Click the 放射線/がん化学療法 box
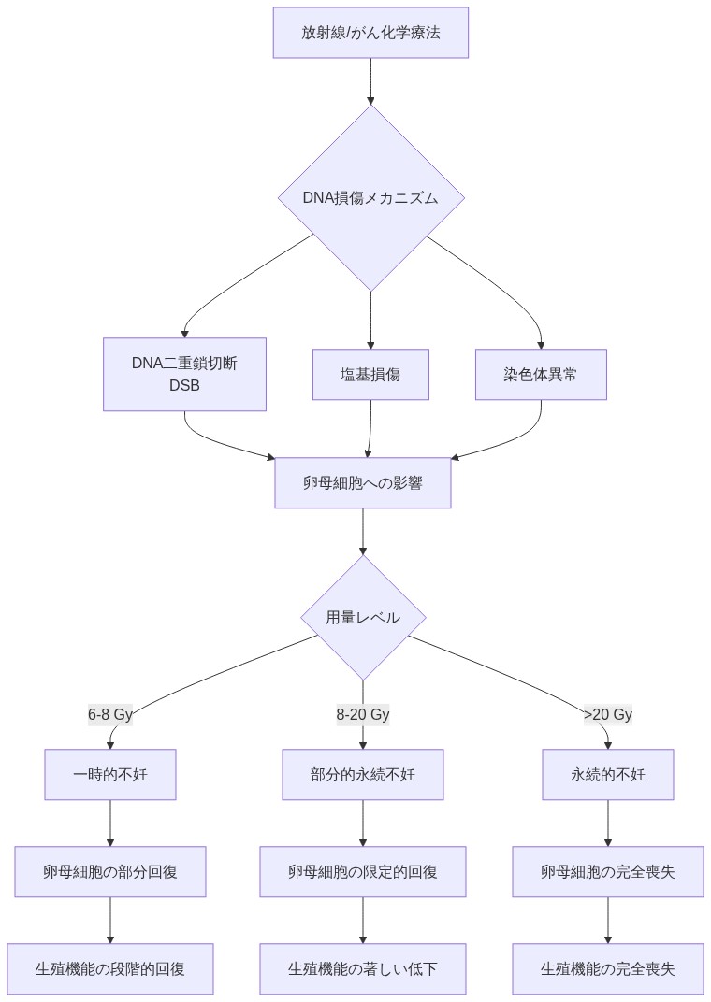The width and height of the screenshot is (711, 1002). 370,33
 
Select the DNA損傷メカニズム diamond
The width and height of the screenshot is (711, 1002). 370,197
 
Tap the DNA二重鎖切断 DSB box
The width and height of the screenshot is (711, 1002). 184,374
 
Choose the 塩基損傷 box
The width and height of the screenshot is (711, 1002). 370,374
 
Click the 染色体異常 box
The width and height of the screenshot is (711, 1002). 541,374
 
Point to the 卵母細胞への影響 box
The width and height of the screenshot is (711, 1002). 362,483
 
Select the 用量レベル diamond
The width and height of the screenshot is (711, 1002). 362,618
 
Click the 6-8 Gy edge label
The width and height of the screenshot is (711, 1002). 110,715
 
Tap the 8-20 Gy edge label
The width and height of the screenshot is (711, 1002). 362,715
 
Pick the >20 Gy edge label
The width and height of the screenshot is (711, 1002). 608,715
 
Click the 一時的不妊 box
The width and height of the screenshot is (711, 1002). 110,774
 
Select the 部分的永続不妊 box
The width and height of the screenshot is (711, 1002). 362,774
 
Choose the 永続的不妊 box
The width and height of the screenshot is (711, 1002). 608,774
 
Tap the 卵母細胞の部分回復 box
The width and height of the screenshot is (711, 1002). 110,871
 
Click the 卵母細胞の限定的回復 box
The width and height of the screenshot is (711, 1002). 362,871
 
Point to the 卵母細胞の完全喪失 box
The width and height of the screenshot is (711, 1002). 608,871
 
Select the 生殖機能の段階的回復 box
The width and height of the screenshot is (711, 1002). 110,968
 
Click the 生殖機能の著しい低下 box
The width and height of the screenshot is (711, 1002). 362,968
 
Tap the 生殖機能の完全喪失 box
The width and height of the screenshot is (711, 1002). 608,968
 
